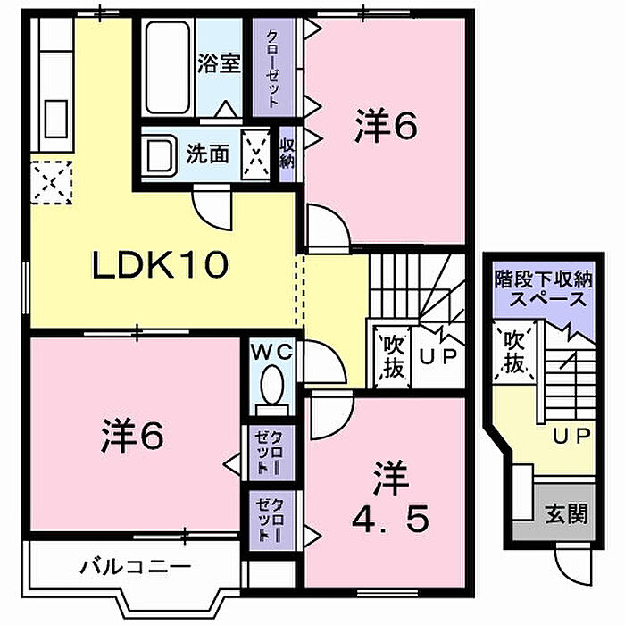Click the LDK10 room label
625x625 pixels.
coord(160,264)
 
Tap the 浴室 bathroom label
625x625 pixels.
coord(219,63)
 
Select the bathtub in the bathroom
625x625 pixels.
coord(168,68)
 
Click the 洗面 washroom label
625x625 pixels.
coord(208,154)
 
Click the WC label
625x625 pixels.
coord(272,353)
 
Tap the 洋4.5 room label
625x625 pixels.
coord(391,497)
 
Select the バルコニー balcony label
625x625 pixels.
coord(137,566)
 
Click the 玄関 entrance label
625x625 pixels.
coord(567,513)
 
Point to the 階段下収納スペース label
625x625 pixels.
coord(544,289)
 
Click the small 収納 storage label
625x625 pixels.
coord(287,154)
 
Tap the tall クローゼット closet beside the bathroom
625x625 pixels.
coord(273,68)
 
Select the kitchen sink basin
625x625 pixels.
coord(55,119)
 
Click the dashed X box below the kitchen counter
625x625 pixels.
coord(52,182)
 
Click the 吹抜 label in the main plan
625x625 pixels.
coord(394,357)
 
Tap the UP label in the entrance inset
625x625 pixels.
coord(571,436)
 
